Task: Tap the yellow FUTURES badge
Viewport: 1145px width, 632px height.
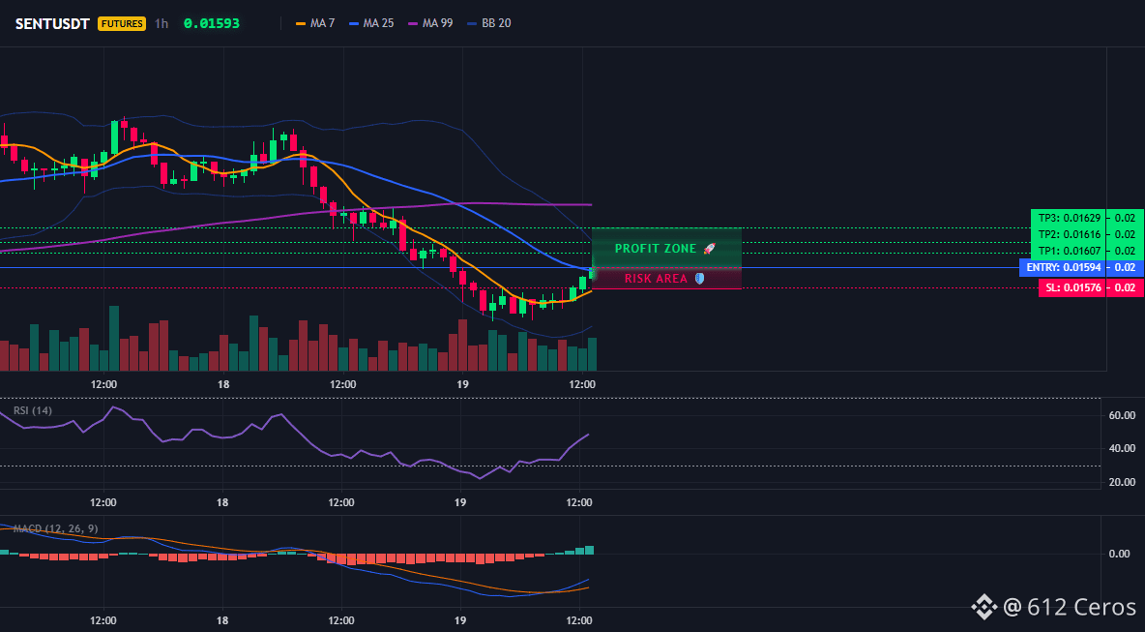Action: (122, 23)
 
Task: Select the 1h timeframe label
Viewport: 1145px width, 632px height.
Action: (161, 23)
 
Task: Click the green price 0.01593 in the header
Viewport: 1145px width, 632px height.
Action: (212, 23)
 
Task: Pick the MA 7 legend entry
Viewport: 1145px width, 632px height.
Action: (314, 23)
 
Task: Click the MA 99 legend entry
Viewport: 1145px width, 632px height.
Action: (430, 23)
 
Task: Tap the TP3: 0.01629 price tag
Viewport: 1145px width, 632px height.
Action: (1068, 217)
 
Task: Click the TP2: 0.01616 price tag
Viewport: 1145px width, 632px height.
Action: (1068, 234)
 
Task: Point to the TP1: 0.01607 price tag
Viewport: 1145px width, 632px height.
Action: (1068, 251)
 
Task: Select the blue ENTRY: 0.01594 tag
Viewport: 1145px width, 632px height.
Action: (1062, 268)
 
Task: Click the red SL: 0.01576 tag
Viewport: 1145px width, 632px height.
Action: (1072, 287)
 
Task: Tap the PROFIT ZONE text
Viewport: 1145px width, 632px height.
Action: (656, 249)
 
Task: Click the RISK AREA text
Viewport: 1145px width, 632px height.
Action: (656, 279)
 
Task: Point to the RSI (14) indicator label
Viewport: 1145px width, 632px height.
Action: (32, 410)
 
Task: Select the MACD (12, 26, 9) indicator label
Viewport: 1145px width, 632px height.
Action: (55, 528)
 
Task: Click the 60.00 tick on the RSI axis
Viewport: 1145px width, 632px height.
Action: (1122, 415)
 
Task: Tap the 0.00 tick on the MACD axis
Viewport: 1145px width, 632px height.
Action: (1120, 554)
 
